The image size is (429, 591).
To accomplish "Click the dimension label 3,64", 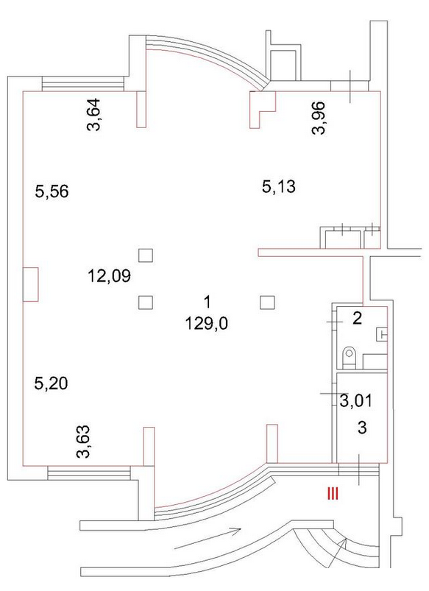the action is click(94, 114).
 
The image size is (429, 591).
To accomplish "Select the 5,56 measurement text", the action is click(52, 191).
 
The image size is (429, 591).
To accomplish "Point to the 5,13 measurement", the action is click(279, 186).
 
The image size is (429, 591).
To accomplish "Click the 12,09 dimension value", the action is click(110, 276).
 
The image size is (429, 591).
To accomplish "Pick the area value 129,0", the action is click(207, 323).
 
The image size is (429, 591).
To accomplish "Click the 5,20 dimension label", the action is click(51, 383).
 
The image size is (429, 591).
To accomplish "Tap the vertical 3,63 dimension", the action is click(83, 442).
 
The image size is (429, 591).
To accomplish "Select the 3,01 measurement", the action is click(356, 400).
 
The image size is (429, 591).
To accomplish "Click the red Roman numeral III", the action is click(333, 494).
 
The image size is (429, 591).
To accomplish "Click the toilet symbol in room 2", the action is click(350, 357).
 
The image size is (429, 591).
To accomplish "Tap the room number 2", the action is click(357, 319).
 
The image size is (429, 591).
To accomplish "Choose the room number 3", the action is click(362, 428).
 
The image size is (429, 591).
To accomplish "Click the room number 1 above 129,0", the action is click(207, 302).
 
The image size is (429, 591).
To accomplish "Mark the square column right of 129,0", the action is click(267, 302).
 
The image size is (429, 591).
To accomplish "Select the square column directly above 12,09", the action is click(146, 255).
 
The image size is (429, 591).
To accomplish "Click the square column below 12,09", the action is click(146, 302).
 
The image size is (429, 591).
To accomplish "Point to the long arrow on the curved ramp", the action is click(208, 539).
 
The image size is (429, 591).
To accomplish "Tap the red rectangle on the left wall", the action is click(30, 284).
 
